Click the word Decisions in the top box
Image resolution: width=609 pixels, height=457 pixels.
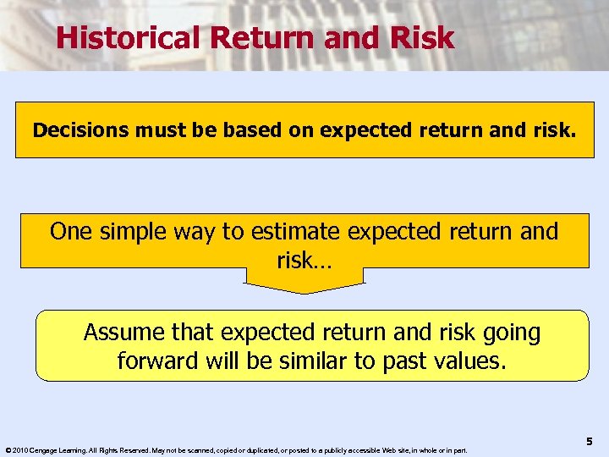[x=77, y=130]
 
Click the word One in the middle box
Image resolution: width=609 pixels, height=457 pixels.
[x=69, y=231]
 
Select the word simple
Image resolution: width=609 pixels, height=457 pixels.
[x=130, y=231]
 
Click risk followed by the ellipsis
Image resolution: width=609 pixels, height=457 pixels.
[x=304, y=261]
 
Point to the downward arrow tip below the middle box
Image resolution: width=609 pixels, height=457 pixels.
[x=304, y=290]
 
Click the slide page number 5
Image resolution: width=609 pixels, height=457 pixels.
[x=589, y=441]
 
